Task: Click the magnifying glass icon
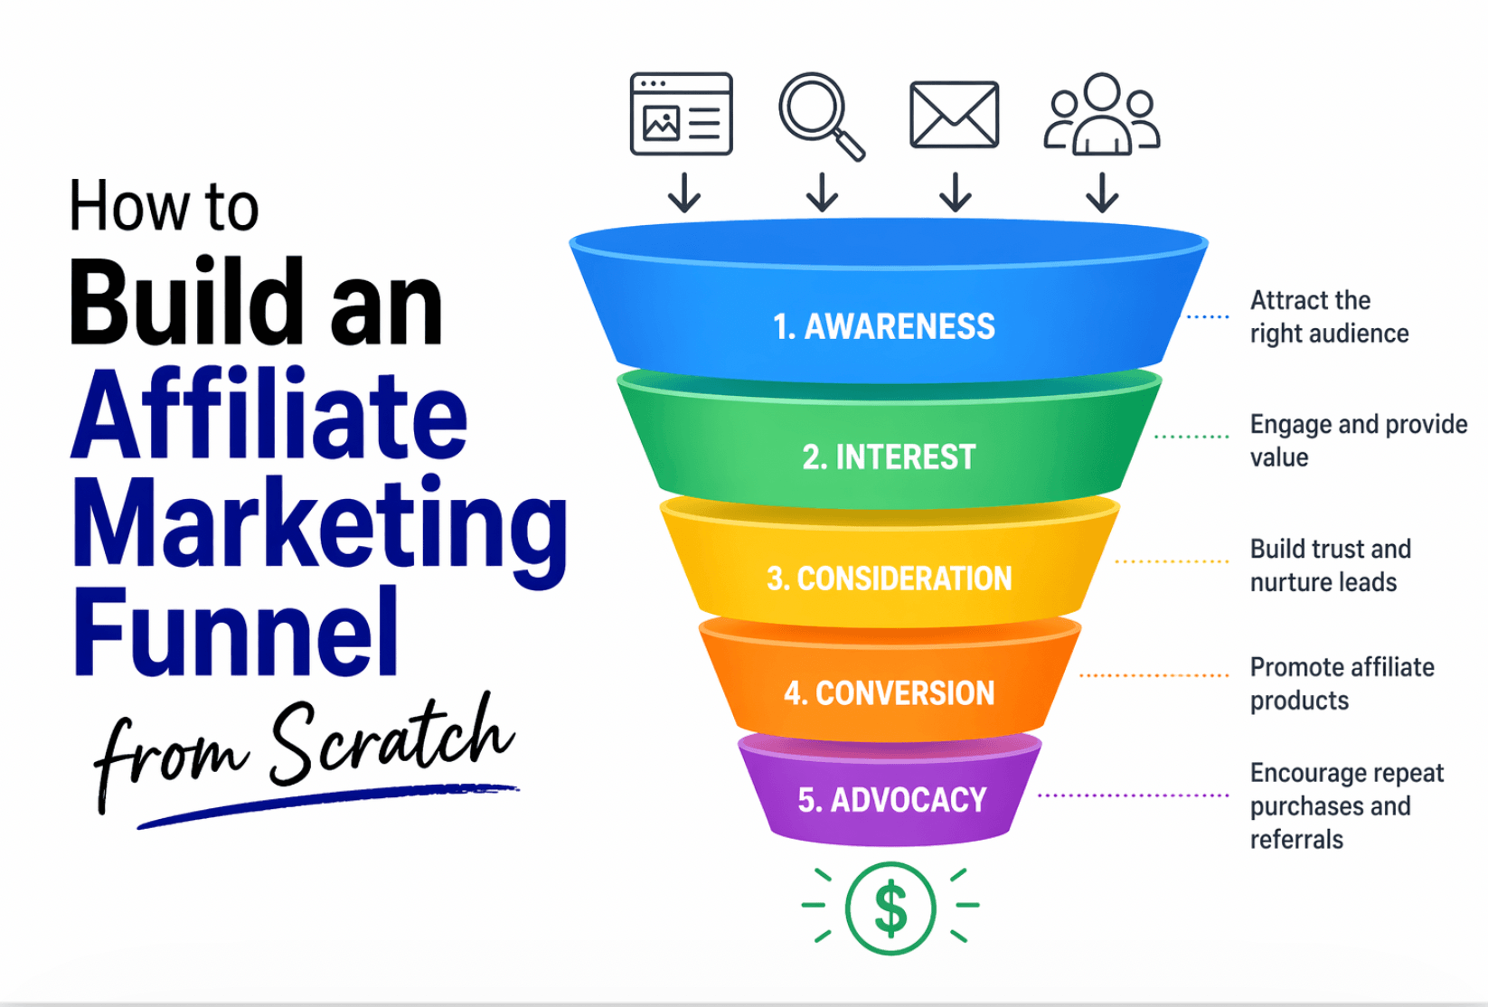coord(819,114)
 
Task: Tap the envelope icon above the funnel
coord(954,115)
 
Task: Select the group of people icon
coord(1101,115)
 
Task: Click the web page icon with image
coord(681,114)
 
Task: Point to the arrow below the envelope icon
coord(955,193)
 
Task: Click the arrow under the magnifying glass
coord(822,193)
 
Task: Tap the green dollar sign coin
coord(890,908)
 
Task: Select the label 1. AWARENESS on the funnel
coord(883,326)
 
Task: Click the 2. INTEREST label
coord(889,457)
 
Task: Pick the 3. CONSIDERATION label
coord(889,579)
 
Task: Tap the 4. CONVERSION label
coord(889,693)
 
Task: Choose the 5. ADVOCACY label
coord(891,800)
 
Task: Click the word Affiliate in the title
coord(269,418)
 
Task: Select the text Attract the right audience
coord(1328,317)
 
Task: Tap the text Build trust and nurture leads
coord(1330,566)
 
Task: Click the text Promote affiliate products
coord(1342,683)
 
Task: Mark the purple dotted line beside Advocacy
coord(1133,795)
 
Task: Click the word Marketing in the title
coord(318,524)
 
